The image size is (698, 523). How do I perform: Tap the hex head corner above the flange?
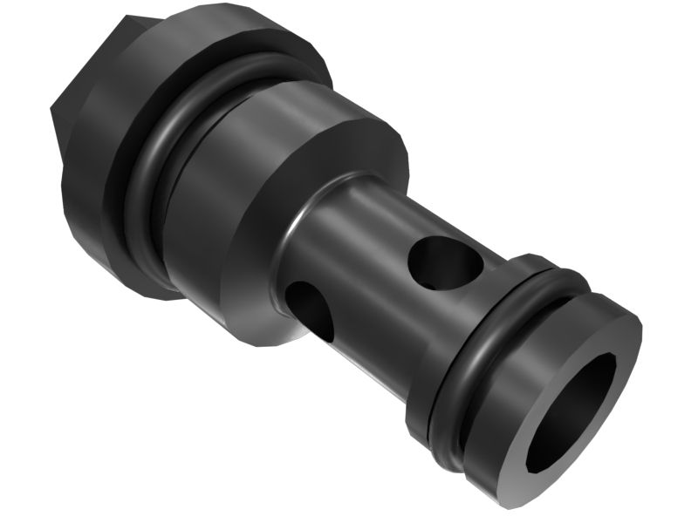(131, 17)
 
